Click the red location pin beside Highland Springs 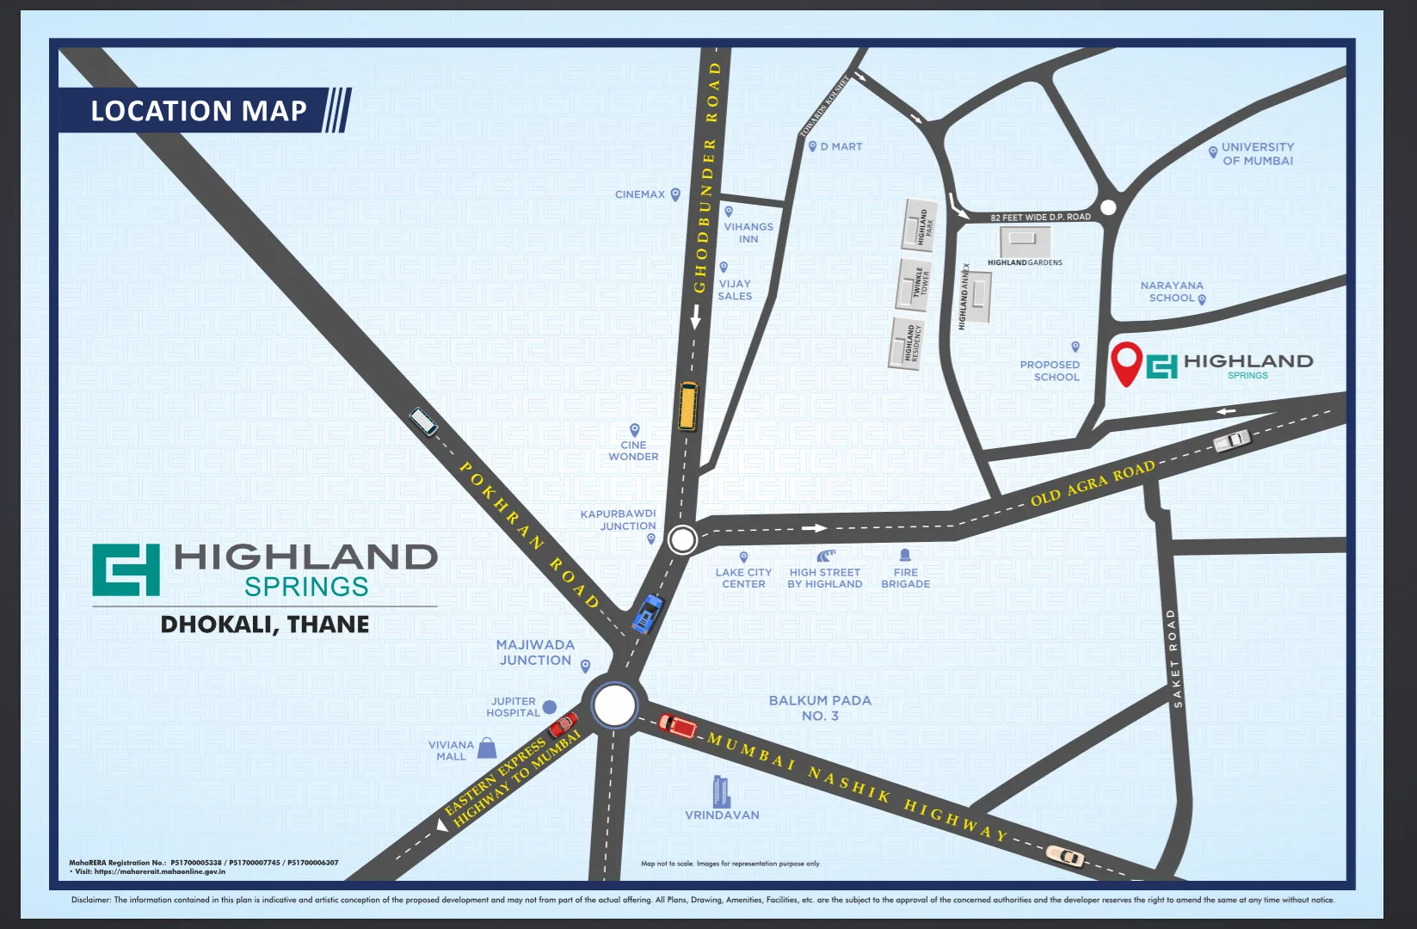tap(1126, 362)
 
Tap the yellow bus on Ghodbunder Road tap(687, 406)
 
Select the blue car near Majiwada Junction tap(648, 612)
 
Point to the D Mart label tap(841, 147)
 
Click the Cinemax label tap(640, 194)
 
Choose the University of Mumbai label tap(1257, 154)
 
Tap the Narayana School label tap(1172, 292)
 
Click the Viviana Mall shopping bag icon tap(488, 747)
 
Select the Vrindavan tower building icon tap(721, 791)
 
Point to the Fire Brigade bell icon tap(905, 555)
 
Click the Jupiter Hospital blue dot tap(550, 707)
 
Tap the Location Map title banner tap(199, 111)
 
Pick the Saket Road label tap(1175, 659)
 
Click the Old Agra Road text tap(1093, 483)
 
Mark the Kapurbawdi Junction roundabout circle tap(682, 540)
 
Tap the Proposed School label tap(1050, 371)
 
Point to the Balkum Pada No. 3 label tap(820, 708)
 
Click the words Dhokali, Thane tap(265, 624)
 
